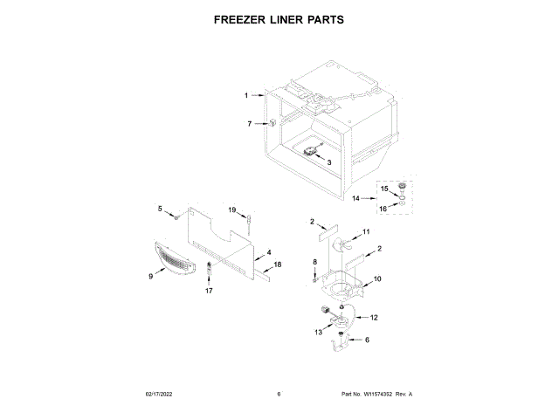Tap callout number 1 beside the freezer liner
246,94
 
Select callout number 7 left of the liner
249,124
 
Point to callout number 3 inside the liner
329,161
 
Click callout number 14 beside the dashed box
355,199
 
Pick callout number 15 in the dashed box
383,188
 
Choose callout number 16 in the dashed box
383,209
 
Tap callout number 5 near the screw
160,208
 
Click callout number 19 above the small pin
233,210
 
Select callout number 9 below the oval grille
150,276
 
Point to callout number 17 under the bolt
209,291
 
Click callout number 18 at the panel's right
278,264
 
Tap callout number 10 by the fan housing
377,279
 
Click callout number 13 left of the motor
319,333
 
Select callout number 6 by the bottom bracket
367,340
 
